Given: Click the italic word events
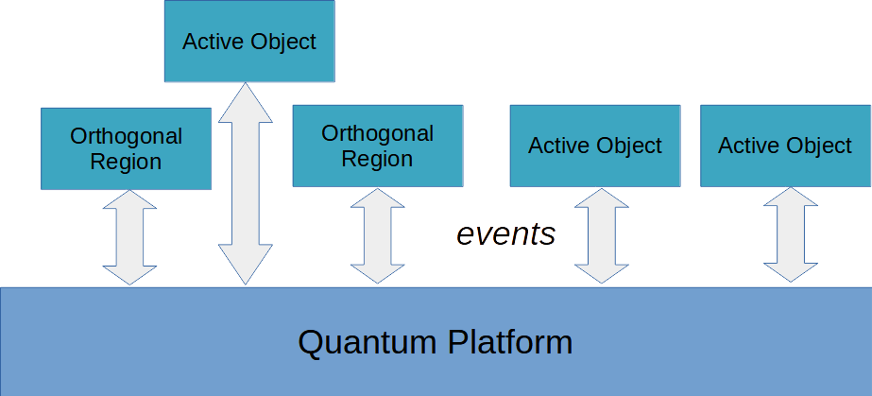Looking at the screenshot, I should coord(506,233).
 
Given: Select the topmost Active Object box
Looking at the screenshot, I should coord(248,42).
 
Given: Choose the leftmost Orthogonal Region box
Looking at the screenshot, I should coord(126,148).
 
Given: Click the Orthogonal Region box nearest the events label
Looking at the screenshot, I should coord(377,146).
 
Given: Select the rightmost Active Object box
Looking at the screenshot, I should coord(784,146).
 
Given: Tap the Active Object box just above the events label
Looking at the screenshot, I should coord(595,146).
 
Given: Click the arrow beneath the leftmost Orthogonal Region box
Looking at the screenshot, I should coord(129,236).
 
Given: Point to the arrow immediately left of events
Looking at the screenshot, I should coord(377,235).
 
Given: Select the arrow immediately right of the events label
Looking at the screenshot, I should coord(601,235).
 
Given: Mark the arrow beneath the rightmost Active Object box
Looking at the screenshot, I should coord(791,234).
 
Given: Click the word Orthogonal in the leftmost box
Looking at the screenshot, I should coord(126,136).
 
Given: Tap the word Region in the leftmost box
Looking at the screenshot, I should coord(126,162).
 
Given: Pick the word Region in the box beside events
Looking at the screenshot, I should coord(377,159).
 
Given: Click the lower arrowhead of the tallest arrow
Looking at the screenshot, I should coord(245,267).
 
